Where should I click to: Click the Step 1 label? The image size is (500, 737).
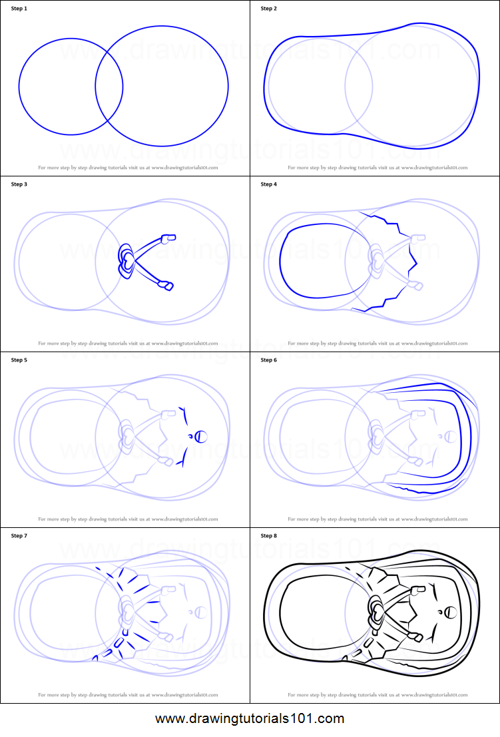pos(20,9)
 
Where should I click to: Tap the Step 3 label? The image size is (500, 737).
pos(20,184)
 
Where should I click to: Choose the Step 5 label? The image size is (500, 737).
pos(20,360)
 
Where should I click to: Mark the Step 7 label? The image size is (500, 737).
pos(20,536)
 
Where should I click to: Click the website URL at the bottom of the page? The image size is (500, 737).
pos(250,719)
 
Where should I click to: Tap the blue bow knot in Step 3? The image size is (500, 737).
pos(126,260)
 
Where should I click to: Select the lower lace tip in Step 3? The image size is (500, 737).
pos(166,286)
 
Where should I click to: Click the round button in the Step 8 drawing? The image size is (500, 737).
pos(451,612)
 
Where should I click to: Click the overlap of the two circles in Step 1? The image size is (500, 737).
pos(109,86)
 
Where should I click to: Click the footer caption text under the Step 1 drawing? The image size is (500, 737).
pos(128,168)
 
